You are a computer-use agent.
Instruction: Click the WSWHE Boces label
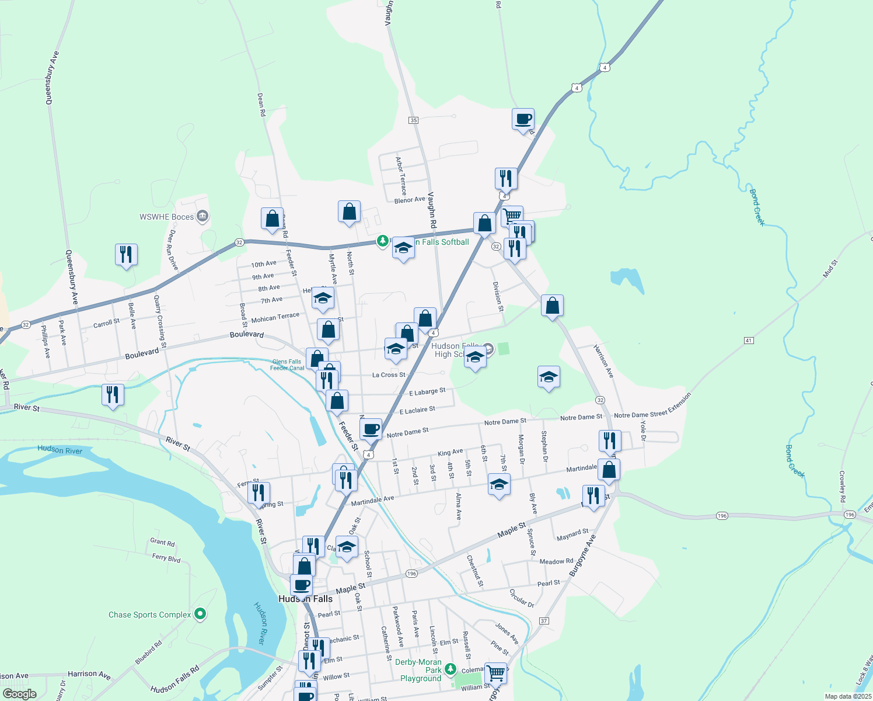166,217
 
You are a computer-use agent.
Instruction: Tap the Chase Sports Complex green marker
200,614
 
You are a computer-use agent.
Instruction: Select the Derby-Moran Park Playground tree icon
450,669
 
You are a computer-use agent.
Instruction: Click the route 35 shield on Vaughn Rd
414,120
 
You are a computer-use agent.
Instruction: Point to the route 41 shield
749,341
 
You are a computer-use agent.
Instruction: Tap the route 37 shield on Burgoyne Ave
544,621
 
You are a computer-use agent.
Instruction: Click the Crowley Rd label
842,487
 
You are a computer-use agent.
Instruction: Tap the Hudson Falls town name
305,599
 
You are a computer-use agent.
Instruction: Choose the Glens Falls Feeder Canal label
287,365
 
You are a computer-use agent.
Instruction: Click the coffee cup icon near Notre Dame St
371,429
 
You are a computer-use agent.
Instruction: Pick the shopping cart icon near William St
495,674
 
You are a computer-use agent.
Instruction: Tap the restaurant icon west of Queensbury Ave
126,255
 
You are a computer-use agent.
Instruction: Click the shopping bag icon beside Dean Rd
272,219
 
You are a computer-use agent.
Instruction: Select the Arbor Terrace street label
401,175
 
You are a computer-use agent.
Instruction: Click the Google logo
20,694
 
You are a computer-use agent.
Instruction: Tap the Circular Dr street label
522,598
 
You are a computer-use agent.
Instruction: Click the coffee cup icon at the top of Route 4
523,119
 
